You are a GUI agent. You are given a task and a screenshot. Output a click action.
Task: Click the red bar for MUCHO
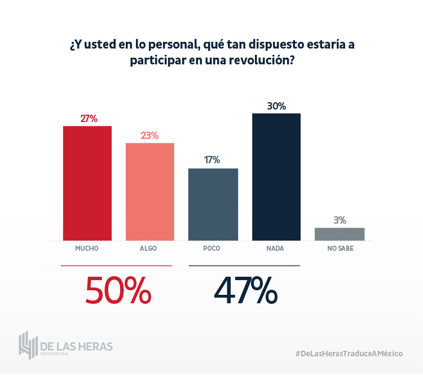coord(87,183)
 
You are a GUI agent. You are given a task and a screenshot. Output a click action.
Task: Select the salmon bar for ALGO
coord(149,191)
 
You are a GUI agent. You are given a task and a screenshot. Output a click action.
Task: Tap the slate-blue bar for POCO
coord(213,204)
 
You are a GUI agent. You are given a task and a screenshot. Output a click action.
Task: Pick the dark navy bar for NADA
coord(276,177)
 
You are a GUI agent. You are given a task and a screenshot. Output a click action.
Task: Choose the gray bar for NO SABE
coord(340,234)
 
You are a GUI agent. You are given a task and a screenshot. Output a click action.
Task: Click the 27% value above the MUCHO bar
coord(89,119)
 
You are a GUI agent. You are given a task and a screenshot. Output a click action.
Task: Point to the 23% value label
coord(149,136)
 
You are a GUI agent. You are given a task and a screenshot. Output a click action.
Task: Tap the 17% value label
coord(212,160)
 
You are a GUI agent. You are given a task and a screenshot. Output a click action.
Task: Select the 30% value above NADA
coord(277,106)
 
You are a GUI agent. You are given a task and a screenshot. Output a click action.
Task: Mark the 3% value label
coord(340,220)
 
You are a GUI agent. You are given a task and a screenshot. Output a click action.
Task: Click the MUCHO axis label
coord(87,248)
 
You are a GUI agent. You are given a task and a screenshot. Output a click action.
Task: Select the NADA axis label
coord(276,248)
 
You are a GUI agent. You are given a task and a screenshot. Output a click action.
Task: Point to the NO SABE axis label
coord(340,248)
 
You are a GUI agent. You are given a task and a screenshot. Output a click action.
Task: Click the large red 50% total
coord(118,290)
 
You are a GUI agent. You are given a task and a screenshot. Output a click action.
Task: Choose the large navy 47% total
coord(245,290)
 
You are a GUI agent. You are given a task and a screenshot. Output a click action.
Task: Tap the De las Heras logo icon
coord(28,345)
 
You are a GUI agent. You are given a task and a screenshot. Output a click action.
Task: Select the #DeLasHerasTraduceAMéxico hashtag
coord(349,353)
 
